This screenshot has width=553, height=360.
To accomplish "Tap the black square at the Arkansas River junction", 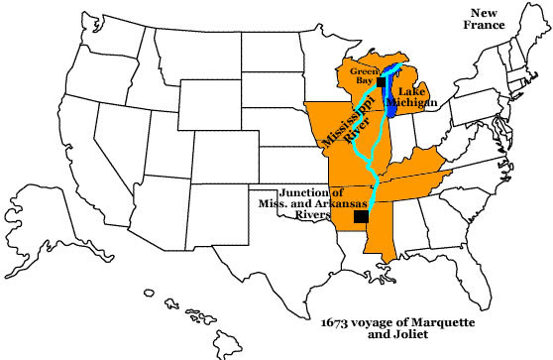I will [361, 216].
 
